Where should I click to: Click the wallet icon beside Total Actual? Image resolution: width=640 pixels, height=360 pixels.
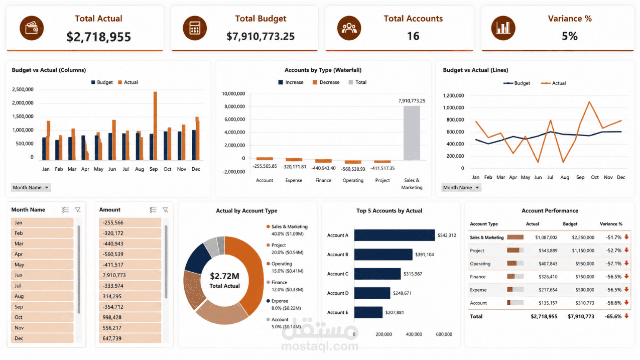click(x=32, y=28)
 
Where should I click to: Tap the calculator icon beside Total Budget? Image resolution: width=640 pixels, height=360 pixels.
click(x=195, y=28)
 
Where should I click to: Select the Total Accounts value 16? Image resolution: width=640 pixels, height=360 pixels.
click(x=413, y=36)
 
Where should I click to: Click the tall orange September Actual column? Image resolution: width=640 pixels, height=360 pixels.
click(x=155, y=126)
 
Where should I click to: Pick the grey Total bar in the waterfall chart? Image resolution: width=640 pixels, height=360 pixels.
click(x=412, y=133)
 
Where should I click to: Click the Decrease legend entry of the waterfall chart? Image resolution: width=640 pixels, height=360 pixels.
click(x=326, y=82)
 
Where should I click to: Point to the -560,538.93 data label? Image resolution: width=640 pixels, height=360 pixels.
click(x=353, y=169)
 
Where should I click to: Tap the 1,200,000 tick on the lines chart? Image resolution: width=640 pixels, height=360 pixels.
click(x=453, y=95)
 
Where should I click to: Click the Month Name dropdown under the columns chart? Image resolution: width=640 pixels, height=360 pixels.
click(x=31, y=187)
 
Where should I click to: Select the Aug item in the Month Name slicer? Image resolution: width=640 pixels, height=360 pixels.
click(x=42, y=296)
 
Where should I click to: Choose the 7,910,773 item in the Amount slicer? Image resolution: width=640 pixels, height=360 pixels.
click(x=130, y=275)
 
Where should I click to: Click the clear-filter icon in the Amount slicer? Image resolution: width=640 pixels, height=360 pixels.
click(x=165, y=210)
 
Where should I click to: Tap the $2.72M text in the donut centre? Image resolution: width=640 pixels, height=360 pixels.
click(x=224, y=276)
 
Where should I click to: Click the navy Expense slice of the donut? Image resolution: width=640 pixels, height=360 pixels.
click(x=198, y=258)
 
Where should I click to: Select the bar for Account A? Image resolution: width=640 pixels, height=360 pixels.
click(x=394, y=235)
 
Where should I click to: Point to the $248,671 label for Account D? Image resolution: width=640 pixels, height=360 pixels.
click(x=402, y=293)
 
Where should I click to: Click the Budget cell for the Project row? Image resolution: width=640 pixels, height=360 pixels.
click(x=583, y=251)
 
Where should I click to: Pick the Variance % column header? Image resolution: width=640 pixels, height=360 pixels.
click(x=611, y=224)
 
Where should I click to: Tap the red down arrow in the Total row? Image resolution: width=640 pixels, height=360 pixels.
click(x=626, y=316)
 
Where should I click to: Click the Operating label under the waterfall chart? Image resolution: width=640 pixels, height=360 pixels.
click(x=353, y=181)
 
